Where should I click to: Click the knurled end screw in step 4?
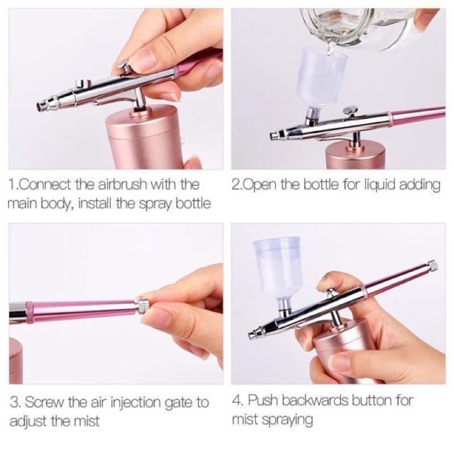click(x=432, y=265)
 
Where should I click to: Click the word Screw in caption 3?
click(x=47, y=403)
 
